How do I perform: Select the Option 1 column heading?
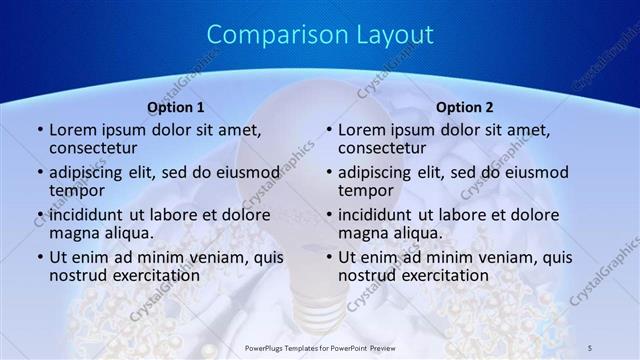coord(176,106)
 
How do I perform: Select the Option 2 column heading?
coord(465,106)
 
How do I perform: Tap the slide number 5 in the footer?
coord(590,346)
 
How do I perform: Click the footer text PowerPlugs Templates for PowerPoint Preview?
coord(319,346)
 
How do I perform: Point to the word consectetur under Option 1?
coord(96,148)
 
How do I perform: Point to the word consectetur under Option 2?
coord(385,148)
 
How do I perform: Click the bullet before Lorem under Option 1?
coord(39,130)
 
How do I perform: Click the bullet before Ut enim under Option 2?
coord(328,256)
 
